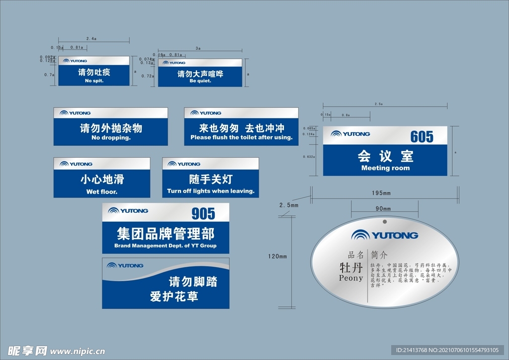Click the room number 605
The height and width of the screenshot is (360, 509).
pos(422,136)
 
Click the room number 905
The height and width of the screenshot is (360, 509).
pos(203,213)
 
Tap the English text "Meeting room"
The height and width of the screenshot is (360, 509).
pos(385,168)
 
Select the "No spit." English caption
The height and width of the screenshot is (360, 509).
pos(94,81)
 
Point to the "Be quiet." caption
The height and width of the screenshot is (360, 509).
pos(200,81)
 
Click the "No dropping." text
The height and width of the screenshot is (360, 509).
pos(111,137)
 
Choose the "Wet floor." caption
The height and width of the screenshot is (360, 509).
pos(102,191)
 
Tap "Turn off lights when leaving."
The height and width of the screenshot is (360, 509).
pos(211,191)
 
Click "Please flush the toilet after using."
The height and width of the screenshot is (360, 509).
pos(242,137)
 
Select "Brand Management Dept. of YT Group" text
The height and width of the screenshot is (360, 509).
pos(166,246)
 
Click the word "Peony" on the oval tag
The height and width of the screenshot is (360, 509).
pos(351,278)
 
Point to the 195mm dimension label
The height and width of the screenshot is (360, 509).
pos(381,193)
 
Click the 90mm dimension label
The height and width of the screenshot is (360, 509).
pos(382,208)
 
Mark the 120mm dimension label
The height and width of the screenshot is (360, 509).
pos(277,257)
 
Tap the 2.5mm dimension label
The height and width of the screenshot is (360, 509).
pos(289,205)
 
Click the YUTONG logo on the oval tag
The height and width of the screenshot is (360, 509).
pos(385,235)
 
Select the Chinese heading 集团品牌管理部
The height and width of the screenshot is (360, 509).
pos(166,233)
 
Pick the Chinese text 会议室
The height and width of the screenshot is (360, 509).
pos(385,157)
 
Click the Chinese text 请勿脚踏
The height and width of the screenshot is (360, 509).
pos(193,282)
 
